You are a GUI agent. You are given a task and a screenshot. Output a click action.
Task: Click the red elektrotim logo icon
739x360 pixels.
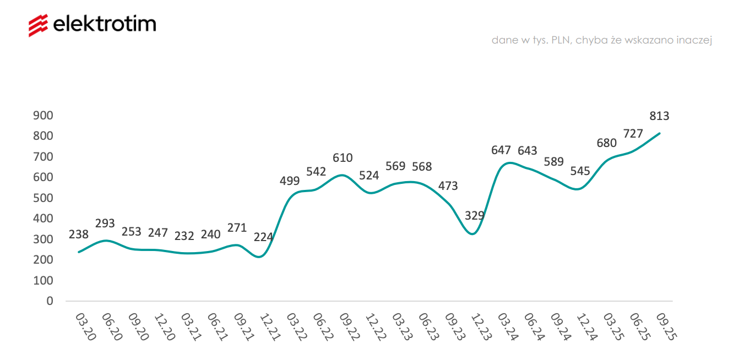[x=39, y=25]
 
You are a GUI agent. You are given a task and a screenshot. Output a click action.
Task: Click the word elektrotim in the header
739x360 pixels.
[x=105, y=24]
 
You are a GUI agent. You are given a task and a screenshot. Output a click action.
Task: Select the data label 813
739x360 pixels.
[x=659, y=116]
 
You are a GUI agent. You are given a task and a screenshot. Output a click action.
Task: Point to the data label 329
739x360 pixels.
[x=475, y=215]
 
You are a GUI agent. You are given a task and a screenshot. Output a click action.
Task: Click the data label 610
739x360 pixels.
[x=343, y=158]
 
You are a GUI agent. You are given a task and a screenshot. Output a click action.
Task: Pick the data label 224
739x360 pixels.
[x=264, y=237]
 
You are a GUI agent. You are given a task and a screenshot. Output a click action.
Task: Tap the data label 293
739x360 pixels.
[x=105, y=223]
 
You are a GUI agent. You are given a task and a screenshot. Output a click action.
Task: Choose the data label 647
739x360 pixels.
[x=501, y=150]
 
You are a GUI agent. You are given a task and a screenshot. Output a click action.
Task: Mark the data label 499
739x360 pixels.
[x=290, y=181]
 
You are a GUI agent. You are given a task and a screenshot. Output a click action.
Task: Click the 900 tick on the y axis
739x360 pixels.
[x=43, y=115]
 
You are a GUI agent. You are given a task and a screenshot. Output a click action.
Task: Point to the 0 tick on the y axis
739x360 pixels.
[x=50, y=301]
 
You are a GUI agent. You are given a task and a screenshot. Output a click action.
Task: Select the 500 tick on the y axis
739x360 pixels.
[x=43, y=198]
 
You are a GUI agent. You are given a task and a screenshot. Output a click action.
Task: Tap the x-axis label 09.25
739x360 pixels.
[x=665, y=327]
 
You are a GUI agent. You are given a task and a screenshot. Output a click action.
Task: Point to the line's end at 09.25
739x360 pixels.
[x=660, y=133]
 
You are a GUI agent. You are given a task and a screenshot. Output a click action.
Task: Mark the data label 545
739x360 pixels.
[x=580, y=171]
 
